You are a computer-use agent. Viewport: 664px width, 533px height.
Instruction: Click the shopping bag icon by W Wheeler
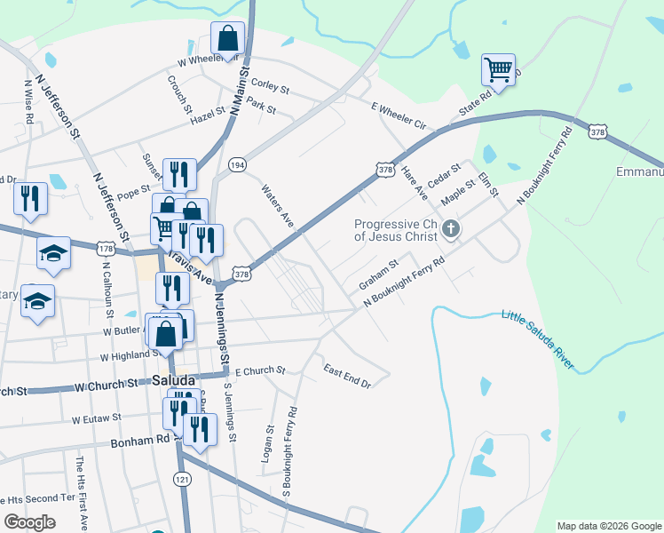(x=227, y=40)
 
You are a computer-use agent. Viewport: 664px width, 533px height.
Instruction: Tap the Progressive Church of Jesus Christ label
(x=396, y=230)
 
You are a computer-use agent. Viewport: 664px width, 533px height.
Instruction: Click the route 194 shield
(x=236, y=166)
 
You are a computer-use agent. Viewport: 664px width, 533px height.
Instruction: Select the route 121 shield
(x=182, y=479)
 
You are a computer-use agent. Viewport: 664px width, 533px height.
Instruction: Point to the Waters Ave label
(x=277, y=205)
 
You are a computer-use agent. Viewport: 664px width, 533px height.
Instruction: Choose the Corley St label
(x=271, y=86)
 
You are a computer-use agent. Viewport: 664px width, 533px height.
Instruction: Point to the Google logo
(x=30, y=522)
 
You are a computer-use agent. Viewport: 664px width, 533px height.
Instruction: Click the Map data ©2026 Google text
(x=608, y=526)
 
